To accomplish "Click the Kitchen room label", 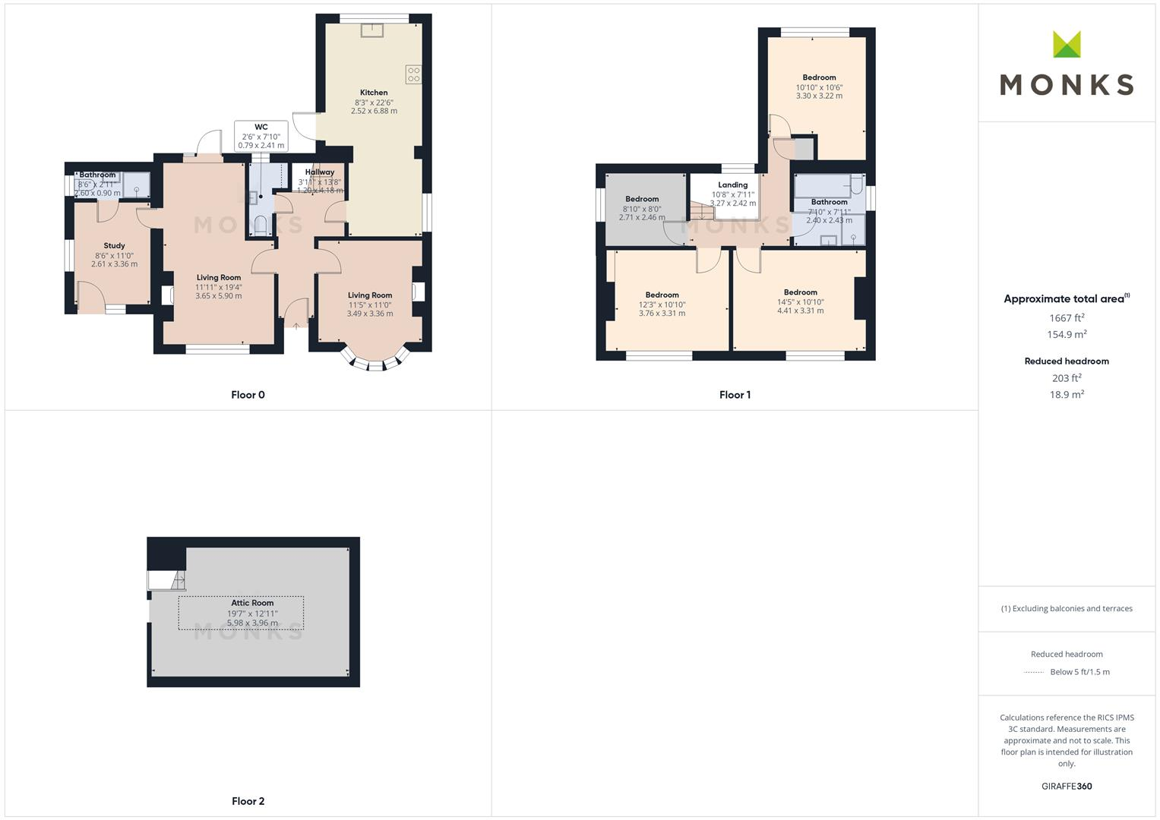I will [374, 93].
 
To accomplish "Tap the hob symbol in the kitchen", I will [413, 74].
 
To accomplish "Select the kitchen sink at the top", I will [372, 30].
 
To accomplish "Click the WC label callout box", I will [261, 136].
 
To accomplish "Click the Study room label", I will [115, 245].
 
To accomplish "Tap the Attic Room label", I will [252, 603].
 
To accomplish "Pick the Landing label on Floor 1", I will [732, 184].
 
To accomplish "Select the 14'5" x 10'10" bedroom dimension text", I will [800, 302].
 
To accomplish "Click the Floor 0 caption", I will [248, 395].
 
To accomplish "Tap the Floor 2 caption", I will [248, 801].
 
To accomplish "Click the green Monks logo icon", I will [1067, 44].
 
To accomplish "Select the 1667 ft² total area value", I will [1067, 318].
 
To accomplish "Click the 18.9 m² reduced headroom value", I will [1067, 395].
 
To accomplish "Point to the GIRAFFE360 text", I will [1067, 787].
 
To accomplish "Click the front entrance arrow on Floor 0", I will [296, 326].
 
